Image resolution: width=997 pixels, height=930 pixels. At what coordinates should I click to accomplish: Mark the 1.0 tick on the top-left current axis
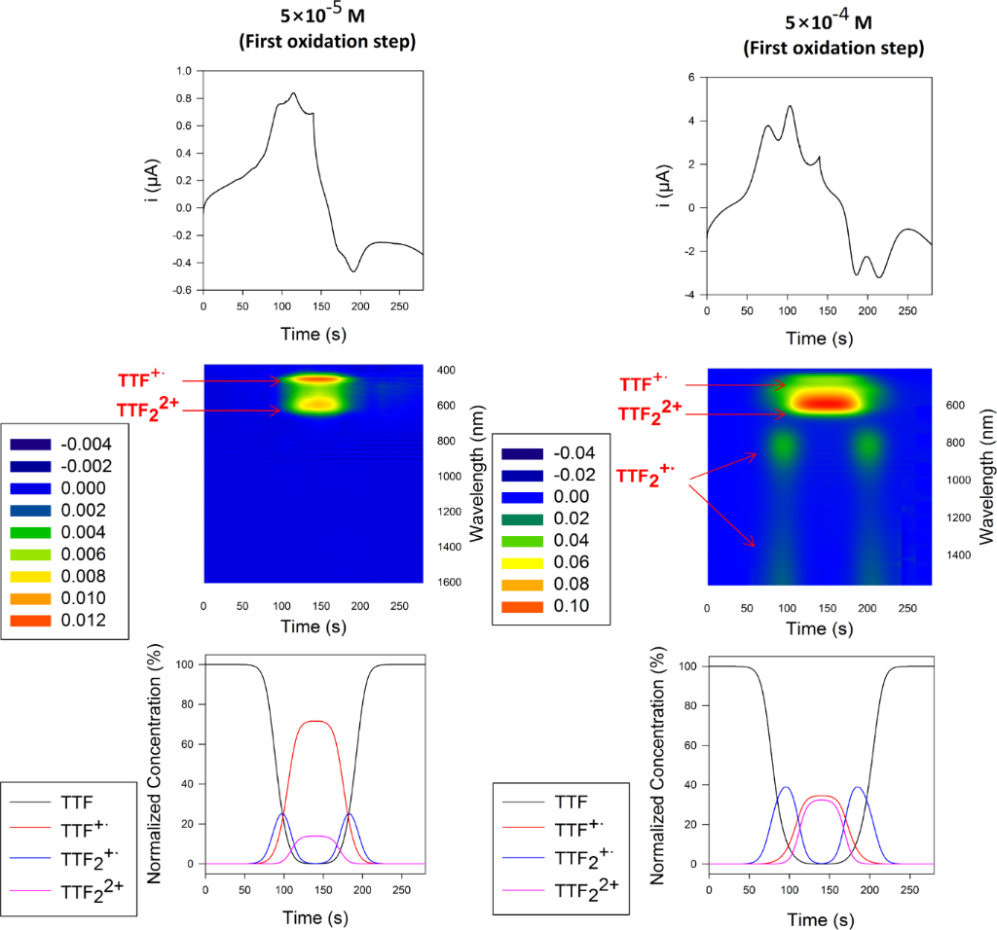184,72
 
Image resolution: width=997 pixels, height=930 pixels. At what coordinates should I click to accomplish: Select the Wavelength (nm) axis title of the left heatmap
477,477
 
